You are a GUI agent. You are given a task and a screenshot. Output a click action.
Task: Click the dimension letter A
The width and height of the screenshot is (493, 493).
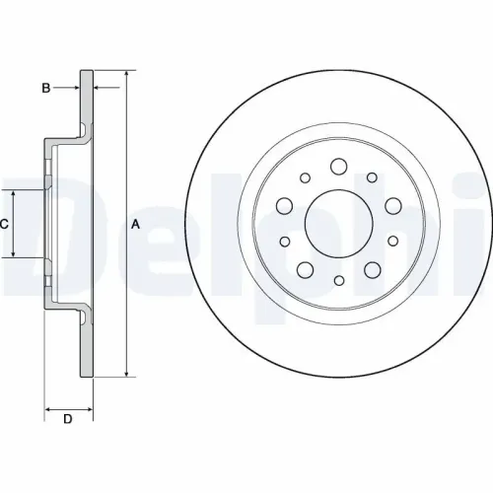136,224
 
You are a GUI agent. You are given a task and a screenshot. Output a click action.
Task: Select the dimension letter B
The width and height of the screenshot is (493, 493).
45,89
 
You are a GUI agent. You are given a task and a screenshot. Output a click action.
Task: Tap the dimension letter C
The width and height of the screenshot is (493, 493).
4,224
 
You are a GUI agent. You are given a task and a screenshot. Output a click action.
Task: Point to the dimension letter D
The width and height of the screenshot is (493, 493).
68,421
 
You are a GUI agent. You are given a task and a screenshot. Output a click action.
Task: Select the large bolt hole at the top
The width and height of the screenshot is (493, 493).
338,166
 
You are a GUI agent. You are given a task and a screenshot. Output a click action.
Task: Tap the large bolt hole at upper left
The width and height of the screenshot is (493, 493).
285,205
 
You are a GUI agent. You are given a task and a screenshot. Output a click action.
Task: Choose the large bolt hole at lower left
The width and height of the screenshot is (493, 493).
305,269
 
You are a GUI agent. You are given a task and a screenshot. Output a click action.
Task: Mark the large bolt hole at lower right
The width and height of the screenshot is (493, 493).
372,269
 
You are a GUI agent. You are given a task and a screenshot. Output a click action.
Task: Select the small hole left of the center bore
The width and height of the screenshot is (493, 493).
285,241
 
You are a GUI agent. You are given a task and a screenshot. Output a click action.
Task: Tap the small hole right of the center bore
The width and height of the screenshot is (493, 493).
392,241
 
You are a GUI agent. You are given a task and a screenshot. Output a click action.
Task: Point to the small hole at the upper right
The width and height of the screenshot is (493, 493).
372,178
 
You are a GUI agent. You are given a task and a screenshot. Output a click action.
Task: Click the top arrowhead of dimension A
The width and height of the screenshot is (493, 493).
126,75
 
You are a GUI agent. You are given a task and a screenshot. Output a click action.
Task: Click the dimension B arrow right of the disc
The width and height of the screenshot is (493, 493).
101,89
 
